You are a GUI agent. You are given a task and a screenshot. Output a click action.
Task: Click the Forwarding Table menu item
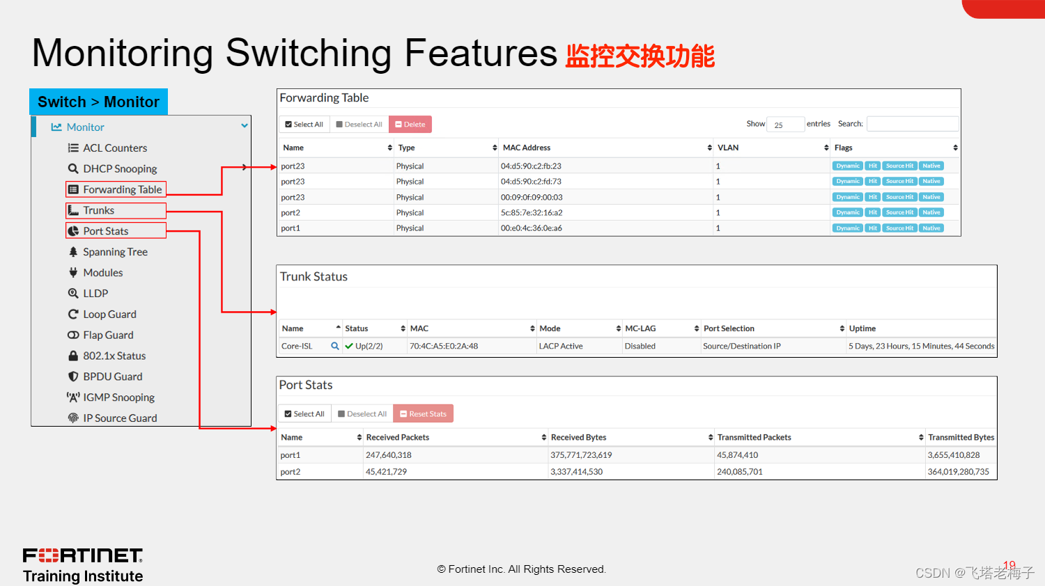tap(122, 189)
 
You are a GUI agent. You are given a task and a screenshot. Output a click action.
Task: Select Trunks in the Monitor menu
tap(98, 210)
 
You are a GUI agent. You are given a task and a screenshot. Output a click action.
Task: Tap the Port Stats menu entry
tap(105, 231)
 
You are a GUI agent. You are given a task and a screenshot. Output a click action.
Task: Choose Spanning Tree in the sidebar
tap(115, 252)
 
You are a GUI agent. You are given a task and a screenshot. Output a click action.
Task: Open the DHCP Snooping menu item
tap(120, 168)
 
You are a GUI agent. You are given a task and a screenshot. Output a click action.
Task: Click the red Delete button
tap(410, 125)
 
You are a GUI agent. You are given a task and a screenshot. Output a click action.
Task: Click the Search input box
tap(912, 124)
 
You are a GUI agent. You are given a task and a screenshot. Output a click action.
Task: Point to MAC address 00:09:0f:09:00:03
tap(532, 197)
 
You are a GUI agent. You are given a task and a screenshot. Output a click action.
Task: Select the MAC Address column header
tap(527, 148)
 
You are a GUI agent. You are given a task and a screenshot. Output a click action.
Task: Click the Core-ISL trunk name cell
tap(297, 346)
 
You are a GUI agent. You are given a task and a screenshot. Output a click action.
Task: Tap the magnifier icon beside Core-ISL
tap(335, 346)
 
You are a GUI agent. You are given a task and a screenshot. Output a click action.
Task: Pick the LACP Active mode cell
tap(561, 346)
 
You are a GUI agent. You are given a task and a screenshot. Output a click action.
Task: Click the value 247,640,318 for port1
tap(389, 455)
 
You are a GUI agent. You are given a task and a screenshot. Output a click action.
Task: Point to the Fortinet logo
tap(83, 555)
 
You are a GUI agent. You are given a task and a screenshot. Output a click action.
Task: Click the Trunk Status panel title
tap(313, 276)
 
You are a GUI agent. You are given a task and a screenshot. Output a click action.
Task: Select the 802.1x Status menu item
tap(114, 356)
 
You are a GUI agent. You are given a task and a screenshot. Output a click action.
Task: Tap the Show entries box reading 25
tap(785, 125)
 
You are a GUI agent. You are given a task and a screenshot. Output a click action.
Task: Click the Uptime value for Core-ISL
tap(921, 346)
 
